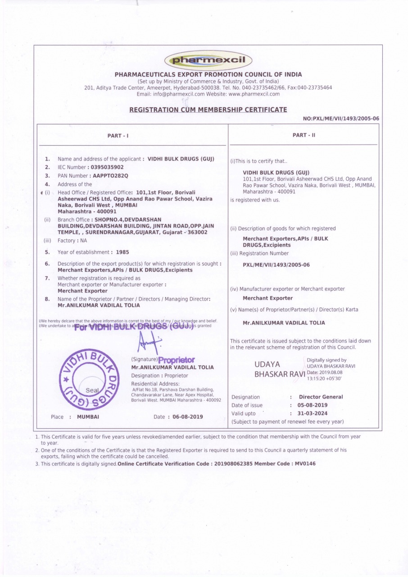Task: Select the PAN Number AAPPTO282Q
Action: point(110,175)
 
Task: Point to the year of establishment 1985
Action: point(122,252)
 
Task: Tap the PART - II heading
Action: point(304,135)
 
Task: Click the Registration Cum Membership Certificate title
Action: point(208,110)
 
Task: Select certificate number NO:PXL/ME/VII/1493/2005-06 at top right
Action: point(341,119)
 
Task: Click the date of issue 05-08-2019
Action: point(313,405)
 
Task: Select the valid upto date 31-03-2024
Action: point(313,413)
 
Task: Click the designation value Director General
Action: point(321,397)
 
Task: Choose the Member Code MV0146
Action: point(305,464)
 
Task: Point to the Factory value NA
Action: point(84,241)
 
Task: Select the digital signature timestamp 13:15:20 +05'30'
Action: point(324,379)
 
